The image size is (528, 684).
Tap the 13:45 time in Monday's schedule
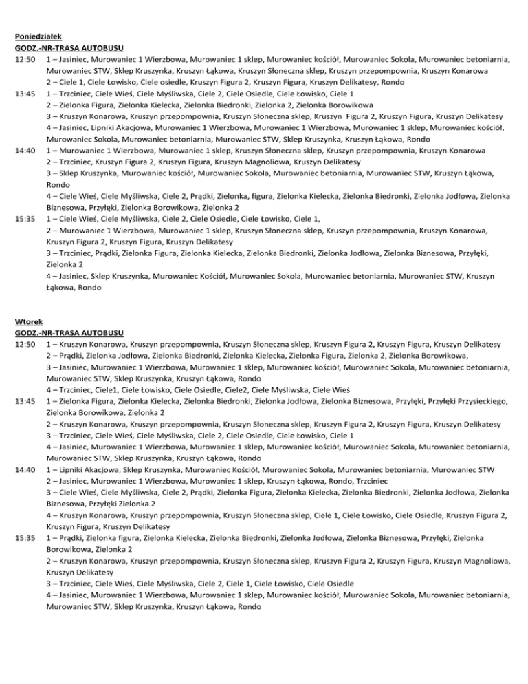pyautogui.click(x=25, y=94)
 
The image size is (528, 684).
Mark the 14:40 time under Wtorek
pyautogui.click(x=25, y=460)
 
